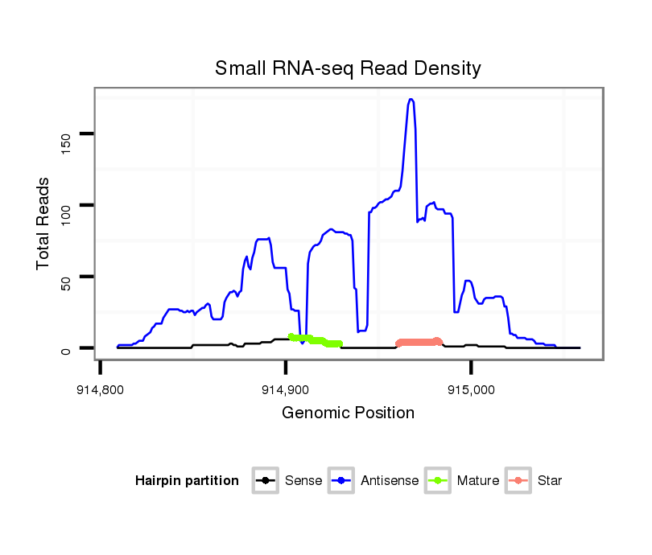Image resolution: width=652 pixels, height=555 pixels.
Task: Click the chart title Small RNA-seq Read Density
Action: point(348,68)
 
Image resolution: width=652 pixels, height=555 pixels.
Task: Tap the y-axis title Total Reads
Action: point(43,224)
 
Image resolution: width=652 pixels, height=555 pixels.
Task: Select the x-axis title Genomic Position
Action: point(348,413)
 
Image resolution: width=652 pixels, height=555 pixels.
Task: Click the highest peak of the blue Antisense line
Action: point(411,100)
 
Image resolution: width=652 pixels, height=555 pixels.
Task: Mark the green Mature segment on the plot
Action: point(315,340)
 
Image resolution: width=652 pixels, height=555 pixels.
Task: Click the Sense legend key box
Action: point(265,481)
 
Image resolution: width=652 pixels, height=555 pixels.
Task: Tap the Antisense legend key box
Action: point(341,481)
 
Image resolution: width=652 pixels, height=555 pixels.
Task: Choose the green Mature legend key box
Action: point(437,481)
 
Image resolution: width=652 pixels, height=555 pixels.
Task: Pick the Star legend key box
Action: point(518,481)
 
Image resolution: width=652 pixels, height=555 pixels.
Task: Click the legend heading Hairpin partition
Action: point(187,481)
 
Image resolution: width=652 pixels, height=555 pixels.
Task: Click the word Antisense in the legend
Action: point(389,481)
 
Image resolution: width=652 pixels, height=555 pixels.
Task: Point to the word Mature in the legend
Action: point(477,481)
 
